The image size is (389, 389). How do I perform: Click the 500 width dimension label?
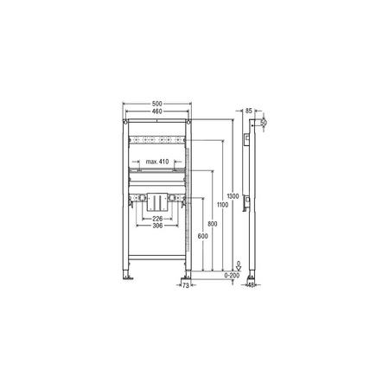pyautogui.click(x=156, y=105)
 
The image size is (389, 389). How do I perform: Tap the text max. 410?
pyautogui.click(x=156, y=163)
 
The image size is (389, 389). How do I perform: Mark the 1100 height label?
pyautogui.click(x=223, y=205)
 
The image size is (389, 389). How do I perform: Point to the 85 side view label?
pyautogui.click(x=248, y=112)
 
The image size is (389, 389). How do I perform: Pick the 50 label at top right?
pyautogui.click(x=264, y=124)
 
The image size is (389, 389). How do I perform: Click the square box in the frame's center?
pyautogui.click(x=156, y=200)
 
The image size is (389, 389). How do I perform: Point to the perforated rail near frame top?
pyautogui.click(x=156, y=142)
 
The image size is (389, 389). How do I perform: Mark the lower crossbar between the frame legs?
pyautogui.click(x=156, y=255)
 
